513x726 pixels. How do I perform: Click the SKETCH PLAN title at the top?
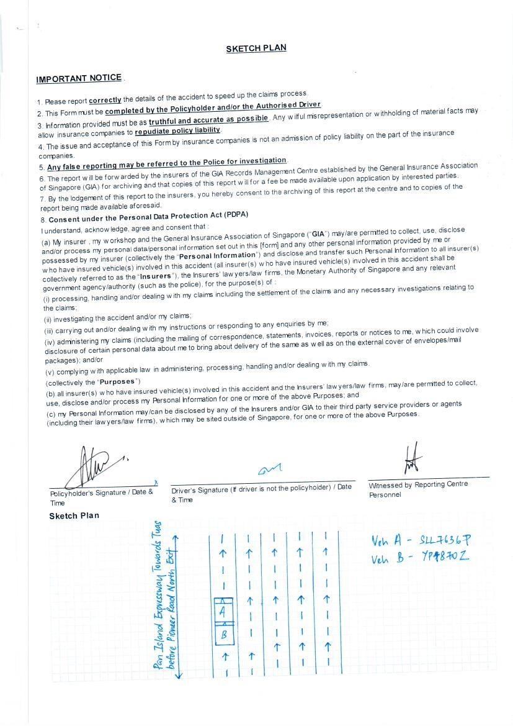[256, 48]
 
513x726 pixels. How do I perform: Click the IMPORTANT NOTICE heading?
[79, 78]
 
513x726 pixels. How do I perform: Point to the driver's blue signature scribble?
[269, 470]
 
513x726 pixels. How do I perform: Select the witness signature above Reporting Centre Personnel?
[412, 460]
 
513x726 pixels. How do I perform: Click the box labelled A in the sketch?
[223, 610]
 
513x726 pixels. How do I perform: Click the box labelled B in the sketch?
[223, 635]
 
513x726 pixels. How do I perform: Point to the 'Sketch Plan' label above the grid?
[74, 516]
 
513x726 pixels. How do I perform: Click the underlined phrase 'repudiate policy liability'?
[177, 130]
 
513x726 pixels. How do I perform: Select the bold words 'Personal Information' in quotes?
[217, 255]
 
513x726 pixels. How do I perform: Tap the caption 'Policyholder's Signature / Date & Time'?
[101, 497]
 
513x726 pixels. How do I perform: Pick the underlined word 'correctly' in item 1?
[105, 100]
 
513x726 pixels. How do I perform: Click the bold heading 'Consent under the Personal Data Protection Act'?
[148, 217]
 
